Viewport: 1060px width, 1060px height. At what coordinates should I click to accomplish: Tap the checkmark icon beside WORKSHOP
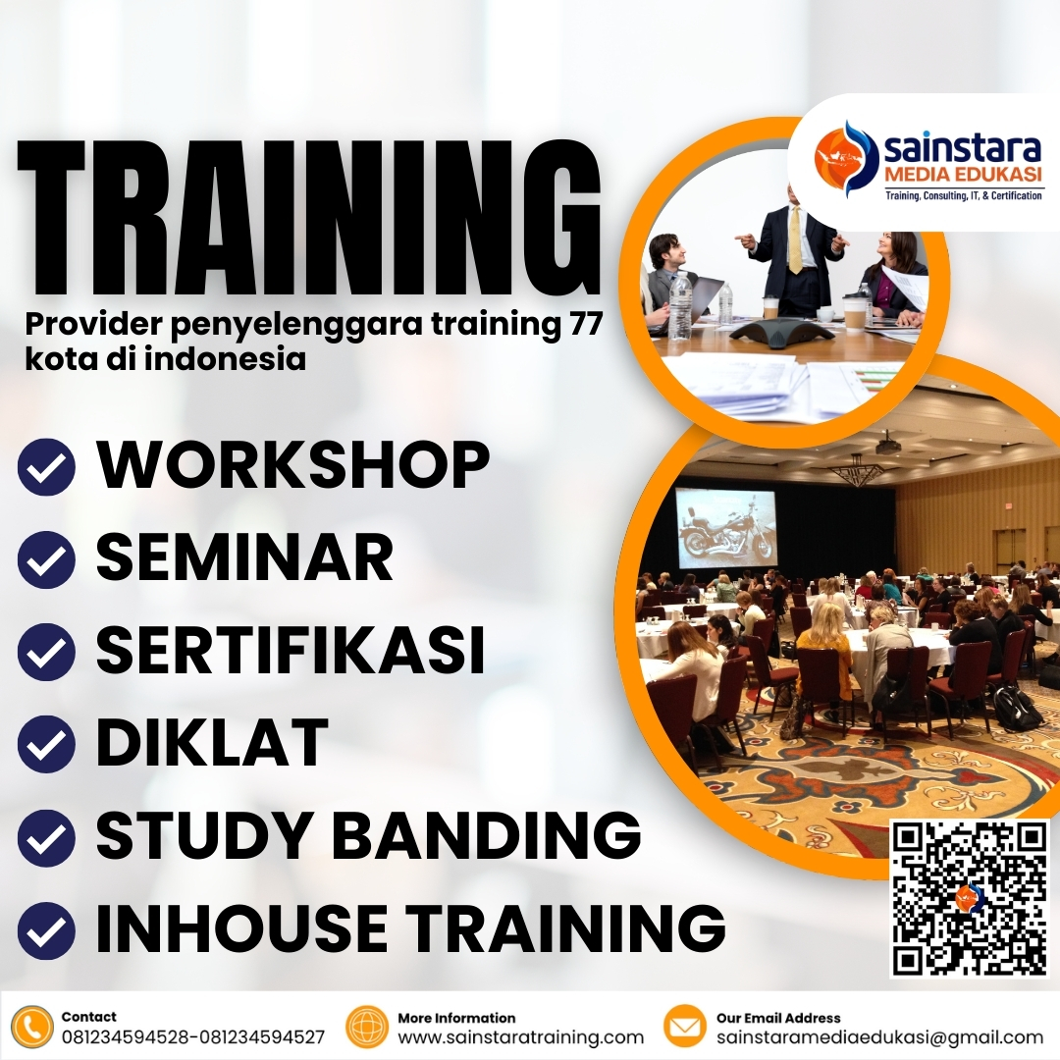tap(46, 467)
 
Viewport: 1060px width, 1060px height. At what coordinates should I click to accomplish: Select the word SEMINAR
tap(244, 556)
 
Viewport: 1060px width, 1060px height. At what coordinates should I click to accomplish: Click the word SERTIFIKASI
tap(291, 650)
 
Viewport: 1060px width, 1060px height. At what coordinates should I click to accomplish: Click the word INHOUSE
tap(241, 927)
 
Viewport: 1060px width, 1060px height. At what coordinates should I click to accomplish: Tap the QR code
tap(968, 898)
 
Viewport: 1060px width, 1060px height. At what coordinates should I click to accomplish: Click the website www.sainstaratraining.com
tap(520, 1037)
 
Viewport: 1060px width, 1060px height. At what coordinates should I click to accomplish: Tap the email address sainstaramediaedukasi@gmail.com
tap(879, 1037)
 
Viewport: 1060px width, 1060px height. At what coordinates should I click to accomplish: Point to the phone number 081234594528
tap(127, 1037)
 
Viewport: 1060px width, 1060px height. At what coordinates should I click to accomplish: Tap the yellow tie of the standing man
tap(795, 239)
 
